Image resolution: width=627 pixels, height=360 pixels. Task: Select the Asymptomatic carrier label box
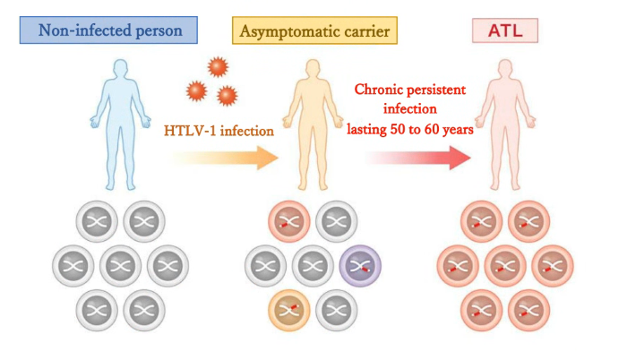[314, 30]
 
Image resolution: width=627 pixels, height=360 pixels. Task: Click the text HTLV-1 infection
[219, 131]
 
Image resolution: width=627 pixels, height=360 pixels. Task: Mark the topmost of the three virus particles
[217, 66]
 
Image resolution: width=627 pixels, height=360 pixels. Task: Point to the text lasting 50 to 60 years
[410, 128]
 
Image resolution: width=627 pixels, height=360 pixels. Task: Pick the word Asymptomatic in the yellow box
[284, 30]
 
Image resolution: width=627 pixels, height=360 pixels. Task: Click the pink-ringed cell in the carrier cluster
[289, 221]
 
